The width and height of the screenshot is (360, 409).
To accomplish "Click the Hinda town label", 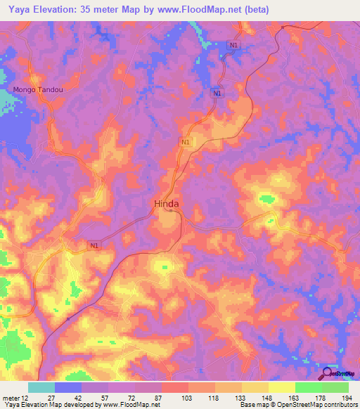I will [x=166, y=204].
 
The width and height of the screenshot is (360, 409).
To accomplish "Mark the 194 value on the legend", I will [x=347, y=398].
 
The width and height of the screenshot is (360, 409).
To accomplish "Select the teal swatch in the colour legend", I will [x=41, y=387].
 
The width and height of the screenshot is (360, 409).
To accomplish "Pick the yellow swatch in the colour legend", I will [x=282, y=387].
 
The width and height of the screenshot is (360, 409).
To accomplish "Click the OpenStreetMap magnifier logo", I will [x=327, y=373].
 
